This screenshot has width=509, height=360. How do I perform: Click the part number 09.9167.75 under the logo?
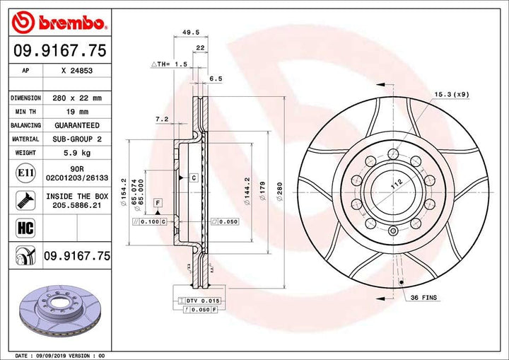tap(59, 50)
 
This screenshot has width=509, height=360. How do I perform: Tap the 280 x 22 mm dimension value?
tap(76, 98)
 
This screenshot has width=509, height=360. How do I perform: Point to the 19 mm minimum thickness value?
tap(76, 112)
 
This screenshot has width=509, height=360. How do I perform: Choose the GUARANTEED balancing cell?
tap(76, 125)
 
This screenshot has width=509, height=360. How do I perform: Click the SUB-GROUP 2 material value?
tap(76, 139)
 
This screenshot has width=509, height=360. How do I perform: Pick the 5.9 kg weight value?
tap(76, 153)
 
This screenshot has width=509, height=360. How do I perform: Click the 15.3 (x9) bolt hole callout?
tap(451, 94)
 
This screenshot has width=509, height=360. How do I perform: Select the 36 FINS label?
tap(426, 298)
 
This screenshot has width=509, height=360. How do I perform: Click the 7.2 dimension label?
tap(161, 120)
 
